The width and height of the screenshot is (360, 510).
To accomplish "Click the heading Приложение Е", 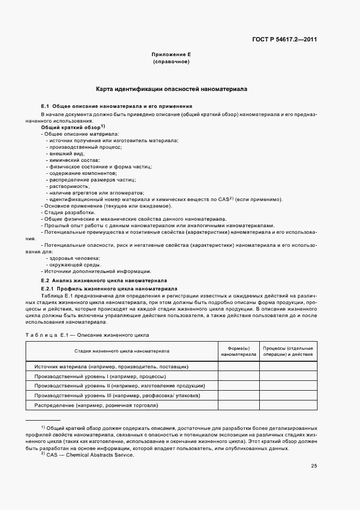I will coord(171,55).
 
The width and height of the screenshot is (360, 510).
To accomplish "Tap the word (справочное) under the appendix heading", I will coord(171,63).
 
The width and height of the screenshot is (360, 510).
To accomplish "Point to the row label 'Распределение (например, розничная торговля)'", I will coord(96,405).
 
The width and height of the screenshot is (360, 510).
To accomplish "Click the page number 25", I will coord(314,465).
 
